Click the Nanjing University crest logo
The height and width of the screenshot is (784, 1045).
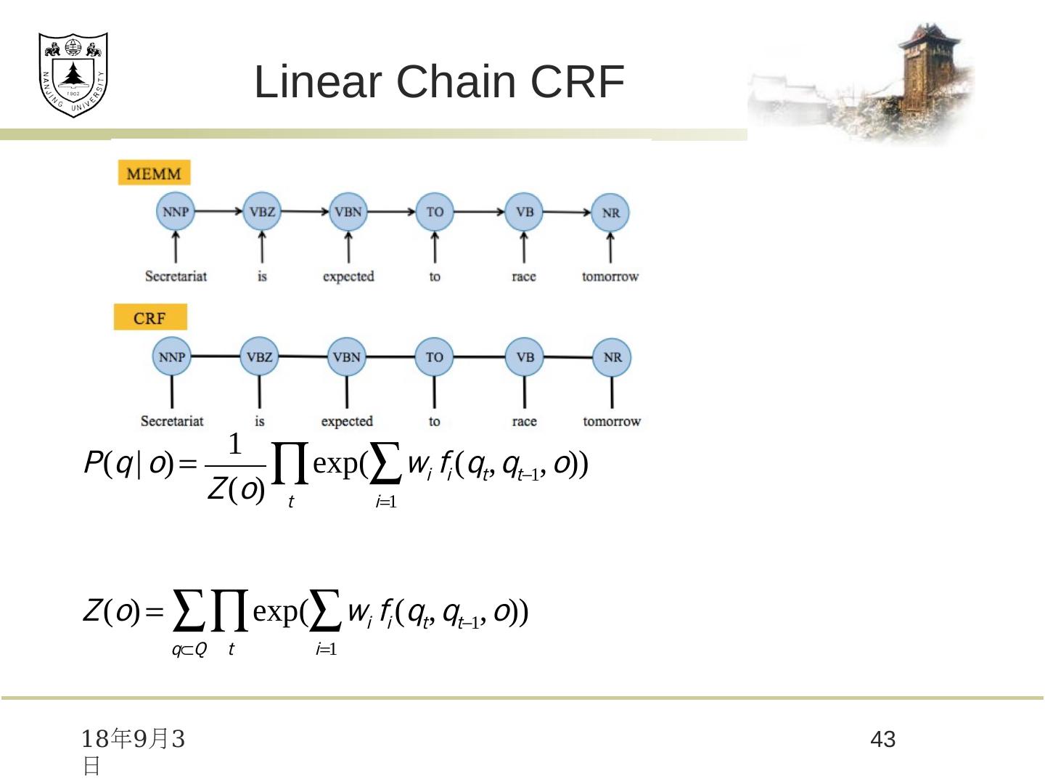point(73,74)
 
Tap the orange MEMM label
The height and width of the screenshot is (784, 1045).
point(154,173)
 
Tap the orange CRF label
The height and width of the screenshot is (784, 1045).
point(150,318)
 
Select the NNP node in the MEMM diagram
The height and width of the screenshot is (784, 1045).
point(176,212)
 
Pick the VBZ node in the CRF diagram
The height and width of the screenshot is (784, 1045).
point(259,356)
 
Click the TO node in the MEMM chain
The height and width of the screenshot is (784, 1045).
point(435,212)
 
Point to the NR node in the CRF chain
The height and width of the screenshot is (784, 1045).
point(612,357)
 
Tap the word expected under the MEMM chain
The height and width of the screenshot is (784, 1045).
point(348,277)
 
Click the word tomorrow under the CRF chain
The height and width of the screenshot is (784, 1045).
point(612,421)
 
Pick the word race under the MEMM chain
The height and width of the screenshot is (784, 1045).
point(524,277)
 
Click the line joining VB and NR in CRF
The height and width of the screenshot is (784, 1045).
point(568,357)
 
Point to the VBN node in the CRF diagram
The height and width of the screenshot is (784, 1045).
point(346,357)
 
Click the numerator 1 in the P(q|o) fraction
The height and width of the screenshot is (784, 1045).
point(234,444)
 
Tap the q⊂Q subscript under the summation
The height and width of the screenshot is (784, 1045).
point(189,650)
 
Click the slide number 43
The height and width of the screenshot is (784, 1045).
point(883,740)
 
